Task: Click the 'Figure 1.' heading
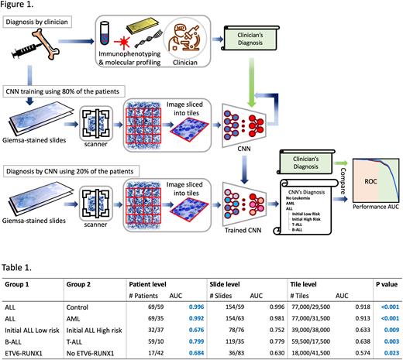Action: point(19,5)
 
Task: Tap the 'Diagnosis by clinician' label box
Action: point(43,22)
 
